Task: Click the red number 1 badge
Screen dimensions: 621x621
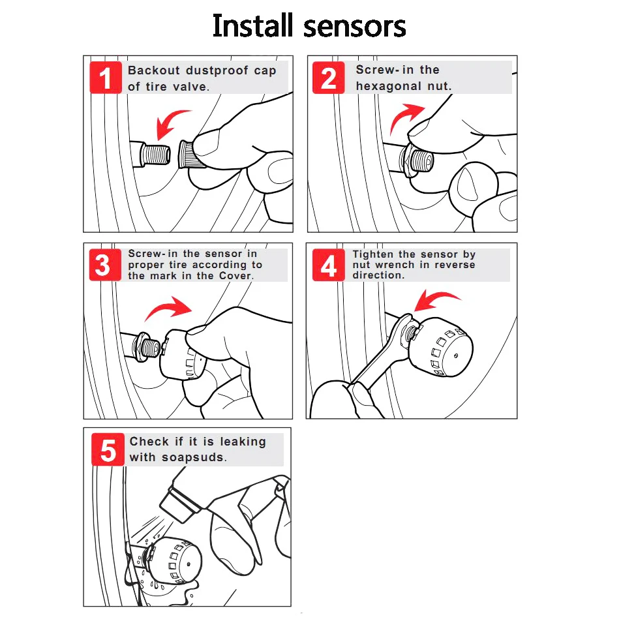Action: (106, 78)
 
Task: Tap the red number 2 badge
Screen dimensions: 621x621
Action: (328, 78)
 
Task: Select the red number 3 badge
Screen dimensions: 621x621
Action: (105, 265)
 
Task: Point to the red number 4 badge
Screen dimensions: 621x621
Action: (328, 265)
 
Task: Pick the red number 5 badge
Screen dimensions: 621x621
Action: (108, 449)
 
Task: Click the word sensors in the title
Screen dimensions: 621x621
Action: (354, 27)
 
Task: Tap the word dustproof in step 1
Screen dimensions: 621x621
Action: (217, 71)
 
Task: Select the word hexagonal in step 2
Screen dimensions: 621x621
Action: (388, 86)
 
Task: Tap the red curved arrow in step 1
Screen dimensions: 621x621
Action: (170, 123)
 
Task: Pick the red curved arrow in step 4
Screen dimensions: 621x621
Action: (435, 298)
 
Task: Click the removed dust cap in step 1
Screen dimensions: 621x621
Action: (189, 155)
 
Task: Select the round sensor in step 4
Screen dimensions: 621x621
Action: (440, 347)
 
